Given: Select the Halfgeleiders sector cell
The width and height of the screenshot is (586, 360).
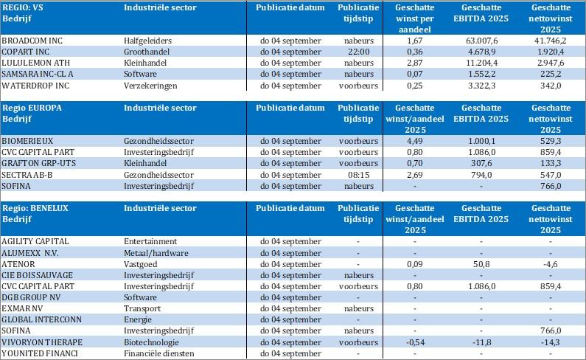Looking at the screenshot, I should [147, 40].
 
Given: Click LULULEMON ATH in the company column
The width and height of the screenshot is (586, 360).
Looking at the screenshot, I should [33, 62].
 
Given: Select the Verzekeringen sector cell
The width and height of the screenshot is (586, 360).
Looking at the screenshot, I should [151, 85].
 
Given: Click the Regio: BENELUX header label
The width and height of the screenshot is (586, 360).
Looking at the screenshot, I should [36, 208].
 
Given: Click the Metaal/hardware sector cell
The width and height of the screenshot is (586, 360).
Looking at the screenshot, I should [153, 252].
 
